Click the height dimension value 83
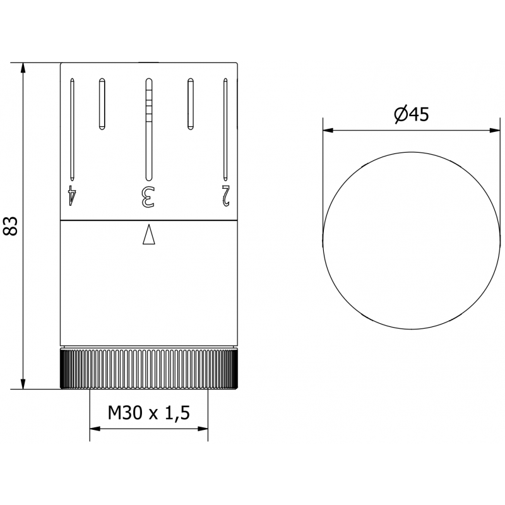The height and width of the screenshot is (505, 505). [11, 226]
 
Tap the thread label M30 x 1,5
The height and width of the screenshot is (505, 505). [149, 413]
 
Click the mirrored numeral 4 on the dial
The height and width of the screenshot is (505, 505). [73, 195]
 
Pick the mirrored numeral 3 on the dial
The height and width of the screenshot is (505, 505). [148, 196]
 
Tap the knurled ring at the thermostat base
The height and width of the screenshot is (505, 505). [149, 369]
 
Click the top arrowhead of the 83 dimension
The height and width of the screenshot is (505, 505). [23, 69]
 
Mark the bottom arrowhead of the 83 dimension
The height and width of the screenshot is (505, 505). [23, 384]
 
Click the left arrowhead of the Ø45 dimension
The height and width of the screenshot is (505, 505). [328, 131]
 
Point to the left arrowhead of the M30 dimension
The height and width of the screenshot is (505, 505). [95, 429]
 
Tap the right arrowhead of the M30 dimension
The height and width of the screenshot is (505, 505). [203, 429]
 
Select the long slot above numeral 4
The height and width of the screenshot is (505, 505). [73, 129]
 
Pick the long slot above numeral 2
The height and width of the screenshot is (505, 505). [225, 129]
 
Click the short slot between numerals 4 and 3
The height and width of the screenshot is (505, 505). [101, 104]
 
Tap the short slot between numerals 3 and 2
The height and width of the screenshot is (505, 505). [190, 104]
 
